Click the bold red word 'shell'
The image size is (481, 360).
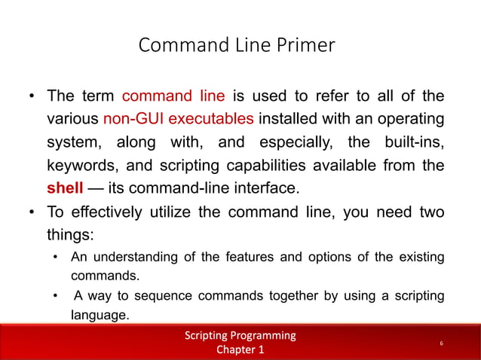pyautogui.click(x=65, y=186)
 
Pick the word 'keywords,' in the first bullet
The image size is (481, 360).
pyautogui.click(x=82, y=163)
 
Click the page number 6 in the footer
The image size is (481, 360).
pyautogui.click(x=441, y=343)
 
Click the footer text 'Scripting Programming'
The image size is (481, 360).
pyautogui.click(x=240, y=335)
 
